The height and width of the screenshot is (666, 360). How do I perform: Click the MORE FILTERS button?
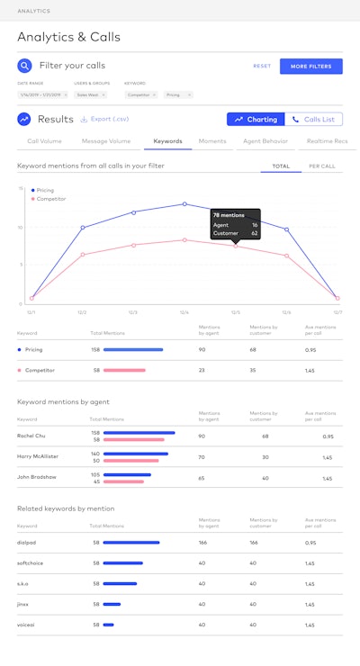[x=311, y=66]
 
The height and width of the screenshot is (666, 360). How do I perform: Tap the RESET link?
[x=262, y=66]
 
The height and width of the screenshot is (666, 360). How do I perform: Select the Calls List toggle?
[x=314, y=119]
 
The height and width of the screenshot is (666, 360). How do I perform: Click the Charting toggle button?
[x=256, y=119]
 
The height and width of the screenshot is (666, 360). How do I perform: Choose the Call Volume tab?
[x=45, y=141]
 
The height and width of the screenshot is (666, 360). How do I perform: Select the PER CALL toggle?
[x=321, y=166]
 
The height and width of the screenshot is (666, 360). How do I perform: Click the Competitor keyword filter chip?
[x=139, y=94]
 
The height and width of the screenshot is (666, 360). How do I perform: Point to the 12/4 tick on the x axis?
[x=184, y=311]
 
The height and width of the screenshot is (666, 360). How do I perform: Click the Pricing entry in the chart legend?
[x=45, y=190]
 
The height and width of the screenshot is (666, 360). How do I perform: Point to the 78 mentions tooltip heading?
[x=229, y=215]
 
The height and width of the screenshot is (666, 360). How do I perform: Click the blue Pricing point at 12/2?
[x=83, y=227]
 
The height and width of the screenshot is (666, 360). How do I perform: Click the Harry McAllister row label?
[x=38, y=457]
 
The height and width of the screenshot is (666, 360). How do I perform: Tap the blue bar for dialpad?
[x=131, y=543]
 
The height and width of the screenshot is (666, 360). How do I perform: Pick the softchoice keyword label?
[x=31, y=562]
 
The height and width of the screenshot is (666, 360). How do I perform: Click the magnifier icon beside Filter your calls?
[x=25, y=66]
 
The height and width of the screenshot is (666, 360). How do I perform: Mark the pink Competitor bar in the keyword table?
[x=124, y=370]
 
